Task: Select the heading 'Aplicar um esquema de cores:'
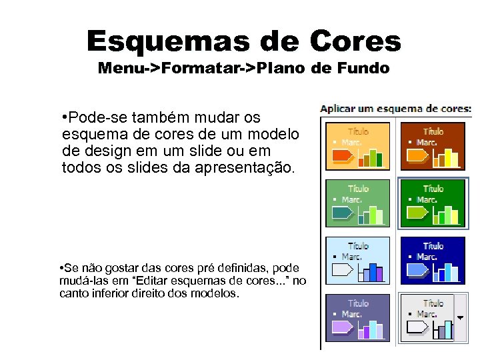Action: [x=396, y=108]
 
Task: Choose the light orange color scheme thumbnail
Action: [x=358, y=146]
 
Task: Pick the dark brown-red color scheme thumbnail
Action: [x=433, y=146]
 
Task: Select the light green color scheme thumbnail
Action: [x=358, y=203]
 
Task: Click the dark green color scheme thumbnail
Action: [x=433, y=203]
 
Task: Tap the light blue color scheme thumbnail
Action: [x=358, y=261]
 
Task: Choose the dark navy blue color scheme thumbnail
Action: [x=433, y=261]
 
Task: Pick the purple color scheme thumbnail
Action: [x=358, y=318]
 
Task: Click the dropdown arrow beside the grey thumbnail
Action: [x=459, y=318]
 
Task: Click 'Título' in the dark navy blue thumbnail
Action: [x=433, y=247]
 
